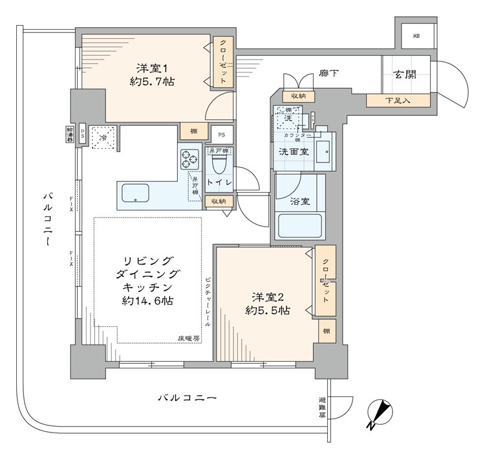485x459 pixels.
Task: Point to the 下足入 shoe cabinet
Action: tap(398, 100)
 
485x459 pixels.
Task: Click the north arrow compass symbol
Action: tap(381, 414)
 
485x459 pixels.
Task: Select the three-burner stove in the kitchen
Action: tap(190, 158)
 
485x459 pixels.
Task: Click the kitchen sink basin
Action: tap(135, 193)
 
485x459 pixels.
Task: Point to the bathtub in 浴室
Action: tap(299, 227)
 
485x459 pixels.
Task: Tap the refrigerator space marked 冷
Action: tap(102, 137)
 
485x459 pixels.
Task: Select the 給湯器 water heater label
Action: tap(69, 136)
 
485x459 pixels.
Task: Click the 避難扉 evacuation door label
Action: tap(323, 407)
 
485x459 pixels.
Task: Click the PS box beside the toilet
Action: tap(222, 135)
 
